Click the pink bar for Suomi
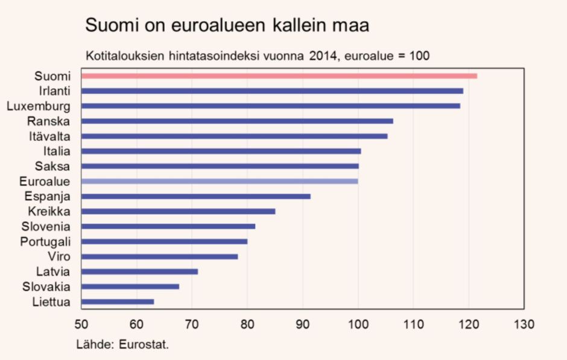(279, 76)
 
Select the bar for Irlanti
(271, 91)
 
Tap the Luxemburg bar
(270, 106)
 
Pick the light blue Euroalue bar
(219, 181)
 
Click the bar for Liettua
(117, 302)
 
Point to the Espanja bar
(195, 196)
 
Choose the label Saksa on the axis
(53, 166)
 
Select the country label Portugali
(45, 242)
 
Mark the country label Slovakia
(46, 287)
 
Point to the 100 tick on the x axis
(358, 324)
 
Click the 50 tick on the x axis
(81, 324)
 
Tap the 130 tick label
(524, 324)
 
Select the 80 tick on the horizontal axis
(247, 324)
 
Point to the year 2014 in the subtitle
(321, 55)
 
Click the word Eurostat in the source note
(144, 345)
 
